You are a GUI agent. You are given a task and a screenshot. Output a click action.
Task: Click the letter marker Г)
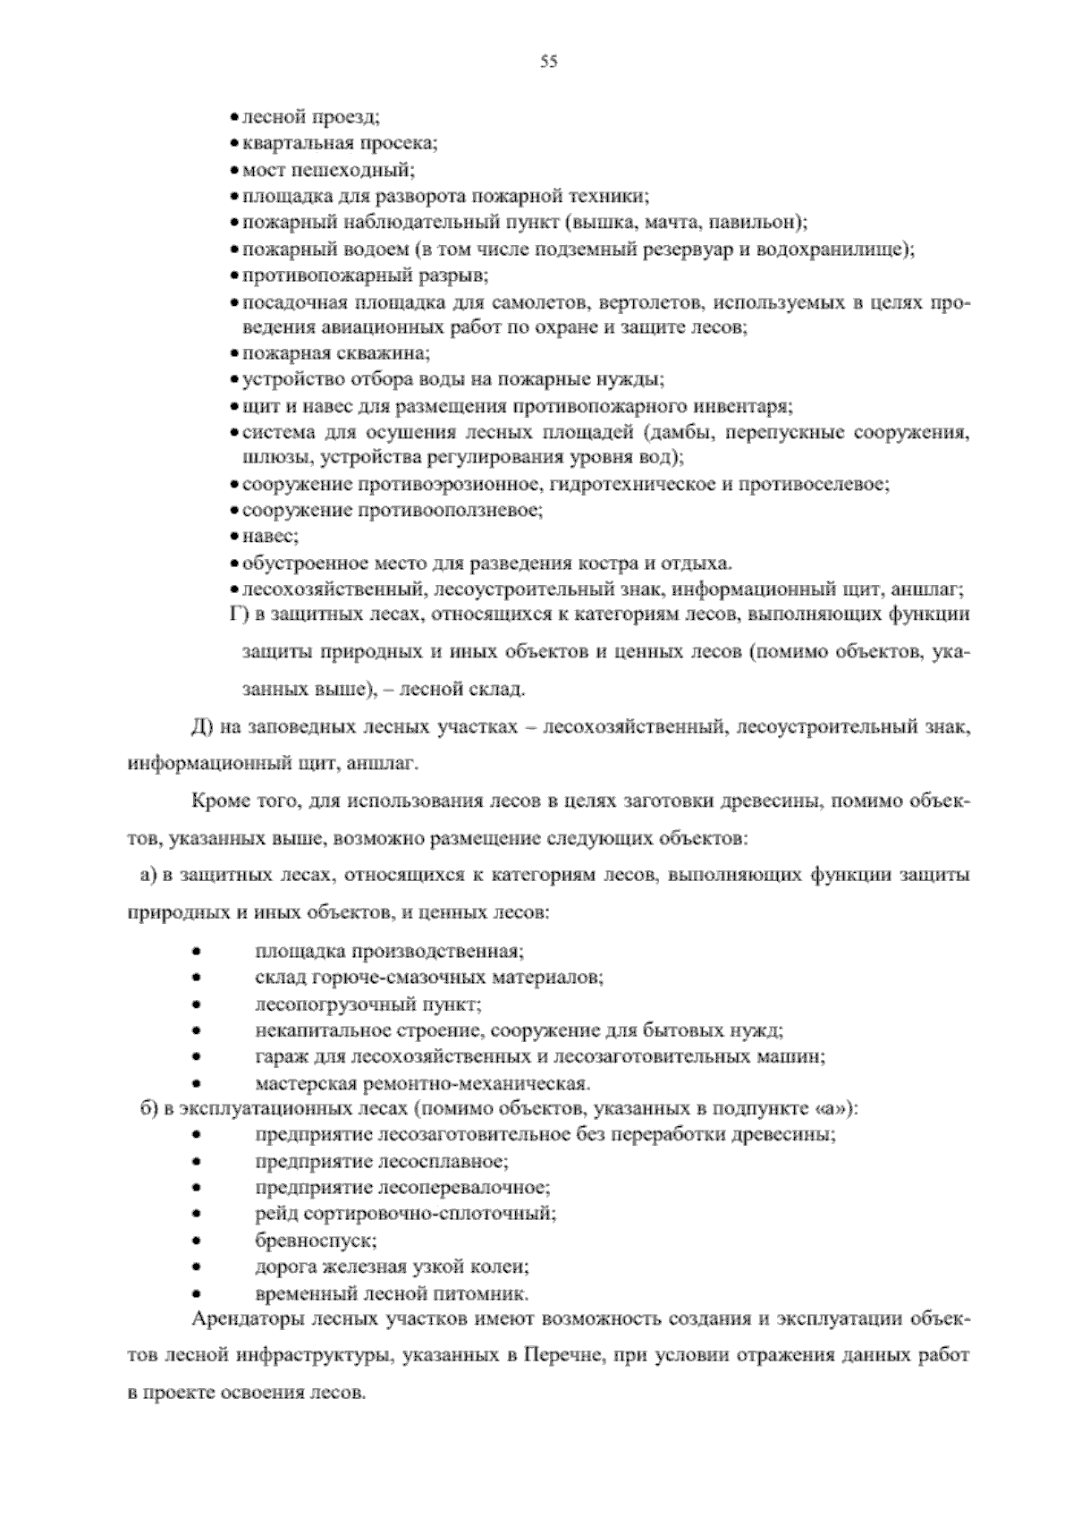236,614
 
